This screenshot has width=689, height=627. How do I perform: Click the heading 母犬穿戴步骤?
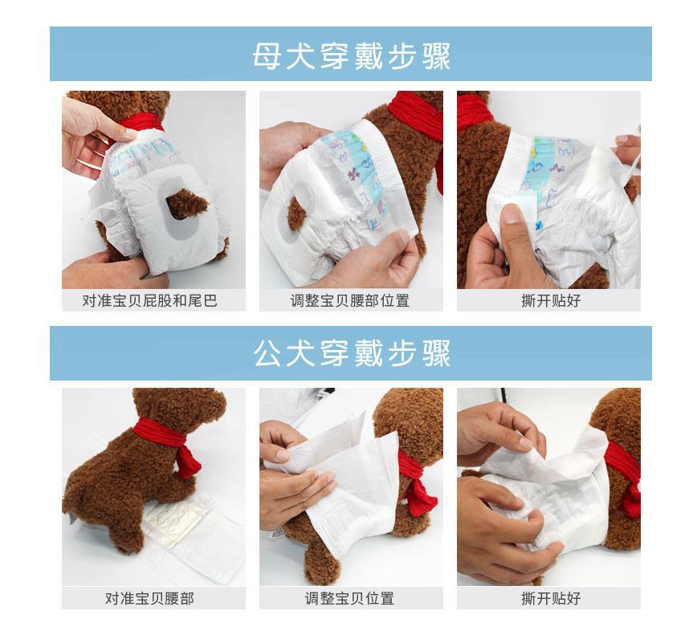[351, 56]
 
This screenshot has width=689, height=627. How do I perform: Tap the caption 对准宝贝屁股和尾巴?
[150, 300]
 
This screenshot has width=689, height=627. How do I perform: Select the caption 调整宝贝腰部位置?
[350, 300]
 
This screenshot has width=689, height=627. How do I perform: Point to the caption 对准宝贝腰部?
[149, 598]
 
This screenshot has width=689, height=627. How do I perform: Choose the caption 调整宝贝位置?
[350, 598]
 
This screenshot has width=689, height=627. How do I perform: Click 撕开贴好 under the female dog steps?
[551, 300]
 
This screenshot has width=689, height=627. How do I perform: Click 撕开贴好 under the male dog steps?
[551, 598]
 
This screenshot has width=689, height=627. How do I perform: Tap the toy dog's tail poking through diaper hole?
[185, 203]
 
